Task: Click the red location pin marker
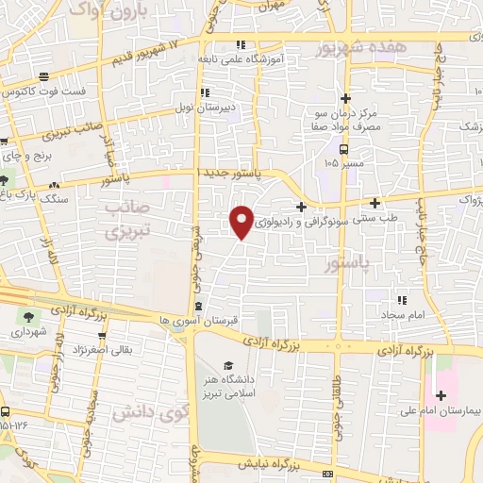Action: click(241, 221)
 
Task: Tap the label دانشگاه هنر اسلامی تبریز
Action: click(228, 386)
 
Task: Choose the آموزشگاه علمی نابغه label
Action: click(241, 58)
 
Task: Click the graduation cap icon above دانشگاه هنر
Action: click(228, 365)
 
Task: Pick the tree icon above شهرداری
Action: click(25, 317)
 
